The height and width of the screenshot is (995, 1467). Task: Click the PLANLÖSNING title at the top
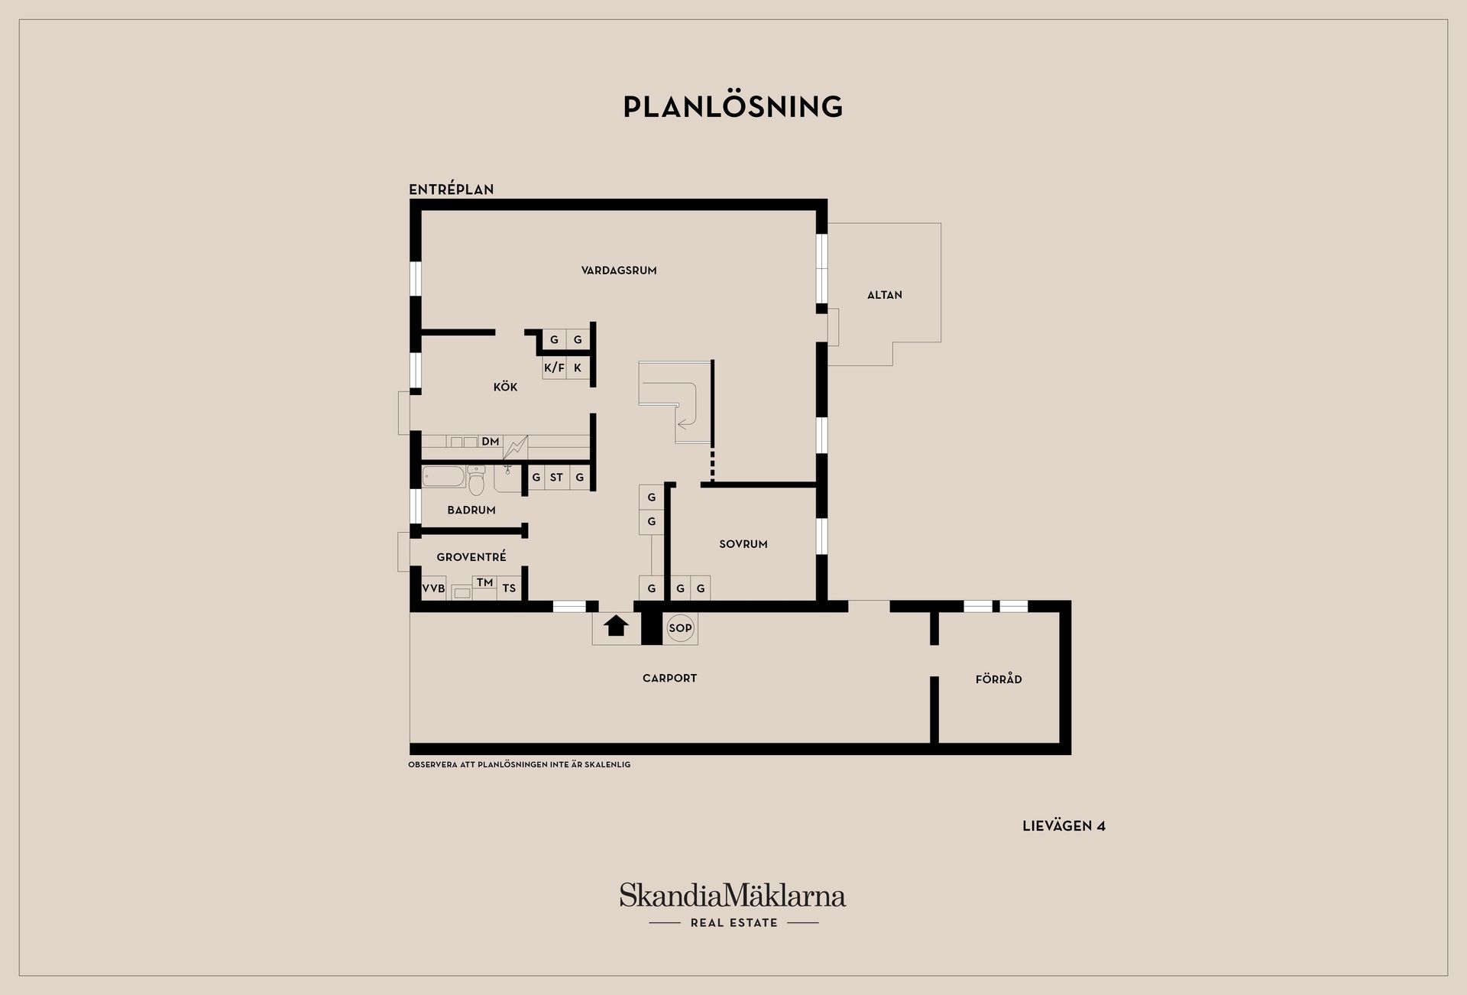pyautogui.click(x=733, y=107)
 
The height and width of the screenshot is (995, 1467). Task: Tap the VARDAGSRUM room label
pyautogui.click(x=619, y=271)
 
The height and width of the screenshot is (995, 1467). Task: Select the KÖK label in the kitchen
pyautogui.click(x=505, y=387)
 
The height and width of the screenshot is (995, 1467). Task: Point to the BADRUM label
pyautogui.click(x=471, y=510)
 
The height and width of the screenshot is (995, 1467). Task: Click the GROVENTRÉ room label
pyautogui.click(x=471, y=557)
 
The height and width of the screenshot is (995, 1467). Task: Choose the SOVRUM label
pyautogui.click(x=743, y=544)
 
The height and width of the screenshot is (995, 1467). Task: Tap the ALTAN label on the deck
pyautogui.click(x=884, y=295)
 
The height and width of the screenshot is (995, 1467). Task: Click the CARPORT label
pyautogui.click(x=669, y=678)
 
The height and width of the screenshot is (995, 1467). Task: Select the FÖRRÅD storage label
pyautogui.click(x=999, y=679)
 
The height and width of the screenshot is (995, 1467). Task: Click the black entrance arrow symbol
pyautogui.click(x=616, y=626)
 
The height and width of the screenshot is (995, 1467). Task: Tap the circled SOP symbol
pyautogui.click(x=680, y=628)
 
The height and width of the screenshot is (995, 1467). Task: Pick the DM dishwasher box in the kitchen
pyautogui.click(x=490, y=442)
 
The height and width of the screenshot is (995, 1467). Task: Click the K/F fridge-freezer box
pyautogui.click(x=554, y=368)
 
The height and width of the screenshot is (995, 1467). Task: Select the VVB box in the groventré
pyautogui.click(x=433, y=588)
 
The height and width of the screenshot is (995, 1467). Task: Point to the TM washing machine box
pyautogui.click(x=484, y=583)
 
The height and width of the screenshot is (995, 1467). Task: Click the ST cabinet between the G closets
pyautogui.click(x=556, y=478)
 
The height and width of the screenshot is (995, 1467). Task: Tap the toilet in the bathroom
pyautogui.click(x=476, y=481)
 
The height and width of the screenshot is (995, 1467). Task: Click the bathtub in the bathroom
pyautogui.click(x=443, y=477)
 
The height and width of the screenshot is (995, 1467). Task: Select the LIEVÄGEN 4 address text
pyautogui.click(x=1064, y=826)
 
